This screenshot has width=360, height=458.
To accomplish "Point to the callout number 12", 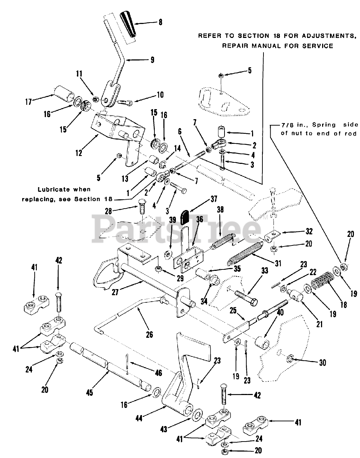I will pos(78,153).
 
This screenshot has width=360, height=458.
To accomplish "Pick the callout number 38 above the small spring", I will pos(220,210).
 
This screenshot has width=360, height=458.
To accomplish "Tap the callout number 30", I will pos(322,362).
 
